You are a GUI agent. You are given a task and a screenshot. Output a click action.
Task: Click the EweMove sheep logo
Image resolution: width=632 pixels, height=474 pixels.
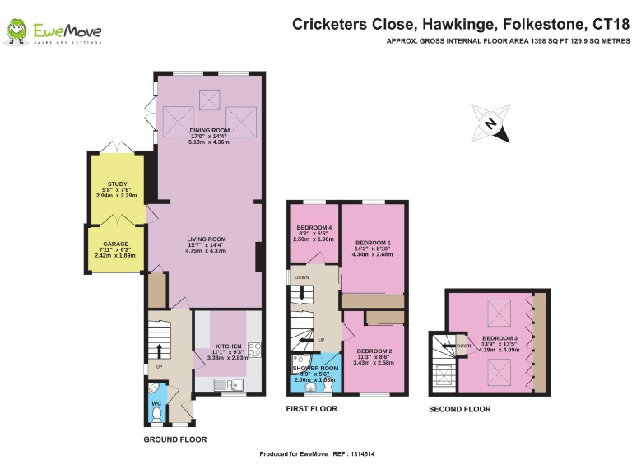[16, 32]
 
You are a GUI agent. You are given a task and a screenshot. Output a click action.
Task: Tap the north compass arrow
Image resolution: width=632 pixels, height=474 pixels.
[490, 123]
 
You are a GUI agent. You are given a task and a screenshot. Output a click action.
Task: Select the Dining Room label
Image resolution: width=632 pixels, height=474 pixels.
[210, 131]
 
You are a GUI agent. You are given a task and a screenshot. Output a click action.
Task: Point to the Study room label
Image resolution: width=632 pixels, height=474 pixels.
[118, 185]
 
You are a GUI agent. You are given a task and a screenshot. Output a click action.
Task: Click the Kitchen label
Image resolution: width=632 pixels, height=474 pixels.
[228, 346]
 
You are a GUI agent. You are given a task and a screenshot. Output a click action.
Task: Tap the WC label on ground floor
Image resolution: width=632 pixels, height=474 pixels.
[156, 403]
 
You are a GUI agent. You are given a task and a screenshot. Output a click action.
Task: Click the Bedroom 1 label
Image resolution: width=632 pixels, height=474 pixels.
[372, 243]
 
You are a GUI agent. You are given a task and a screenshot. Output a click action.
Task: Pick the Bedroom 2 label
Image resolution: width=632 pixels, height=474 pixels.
[374, 351]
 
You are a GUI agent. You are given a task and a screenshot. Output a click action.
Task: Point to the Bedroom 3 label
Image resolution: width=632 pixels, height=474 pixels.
[500, 338]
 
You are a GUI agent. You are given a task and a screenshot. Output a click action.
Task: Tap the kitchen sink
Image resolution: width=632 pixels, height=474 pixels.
[224, 383]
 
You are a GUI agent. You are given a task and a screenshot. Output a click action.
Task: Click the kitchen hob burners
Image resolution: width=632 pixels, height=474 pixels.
[254, 349]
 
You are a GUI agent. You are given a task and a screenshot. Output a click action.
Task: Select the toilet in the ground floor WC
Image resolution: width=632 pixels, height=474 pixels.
[155, 416]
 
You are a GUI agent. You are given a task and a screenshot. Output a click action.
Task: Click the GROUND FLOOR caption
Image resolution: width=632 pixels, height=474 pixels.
[175, 439]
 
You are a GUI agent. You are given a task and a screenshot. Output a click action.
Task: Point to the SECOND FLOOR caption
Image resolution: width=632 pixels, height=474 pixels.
[459, 409]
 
